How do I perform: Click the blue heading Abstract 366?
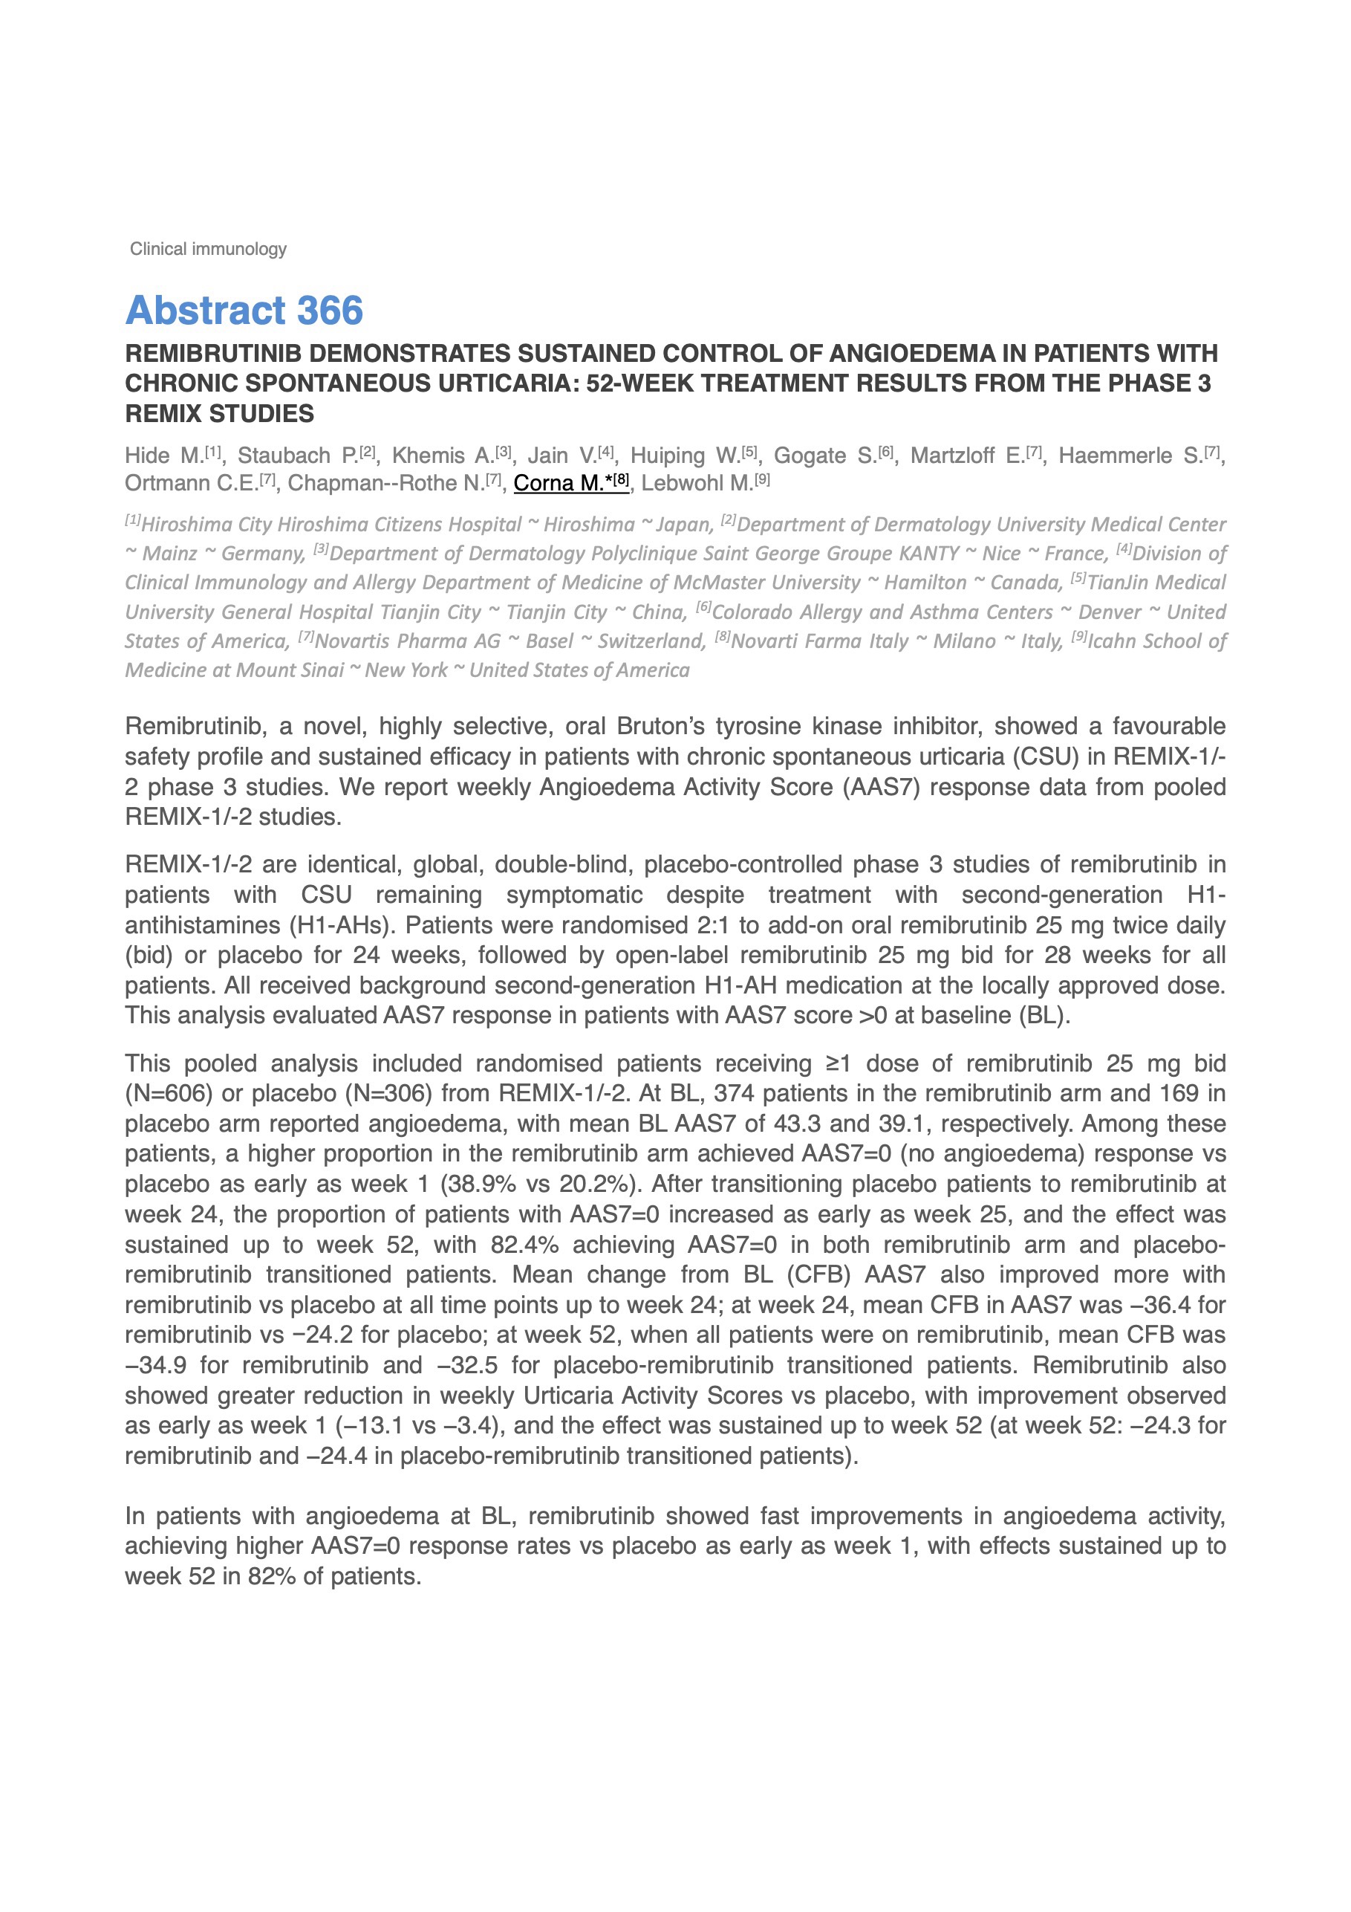coord(244,311)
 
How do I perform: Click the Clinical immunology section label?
coord(208,249)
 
